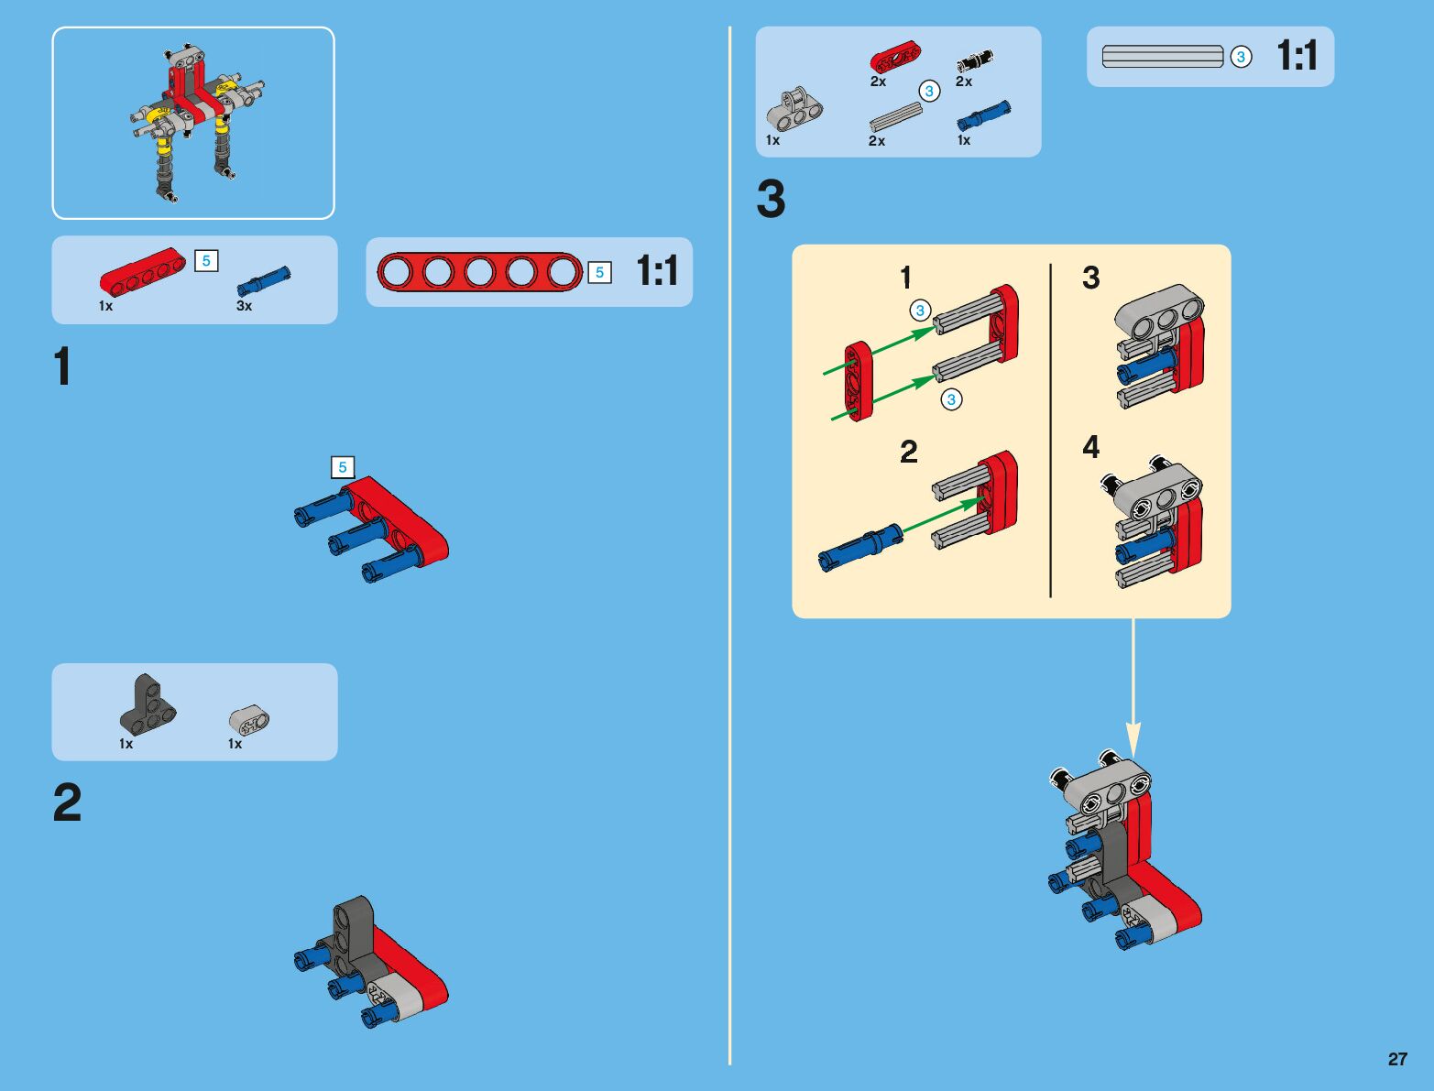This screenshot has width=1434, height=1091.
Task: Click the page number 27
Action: click(1397, 1058)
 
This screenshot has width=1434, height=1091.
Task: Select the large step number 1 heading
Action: click(62, 366)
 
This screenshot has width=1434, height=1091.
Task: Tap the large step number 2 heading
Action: click(67, 802)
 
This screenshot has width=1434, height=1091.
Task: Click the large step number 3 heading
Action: click(771, 199)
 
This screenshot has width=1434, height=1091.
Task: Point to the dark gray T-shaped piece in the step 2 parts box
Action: click(148, 704)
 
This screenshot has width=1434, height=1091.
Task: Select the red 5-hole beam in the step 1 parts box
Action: click(142, 269)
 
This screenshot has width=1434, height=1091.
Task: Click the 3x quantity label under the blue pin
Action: click(244, 306)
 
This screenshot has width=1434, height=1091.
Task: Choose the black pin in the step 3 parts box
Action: click(975, 60)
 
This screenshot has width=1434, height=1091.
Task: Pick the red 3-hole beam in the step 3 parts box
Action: click(896, 57)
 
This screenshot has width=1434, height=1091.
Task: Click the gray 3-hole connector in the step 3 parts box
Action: click(794, 109)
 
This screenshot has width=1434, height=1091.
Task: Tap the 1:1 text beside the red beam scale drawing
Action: click(657, 270)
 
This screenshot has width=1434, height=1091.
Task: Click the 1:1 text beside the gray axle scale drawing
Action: click(1297, 55)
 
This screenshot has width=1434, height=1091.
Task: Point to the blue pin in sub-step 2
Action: click(860, 548)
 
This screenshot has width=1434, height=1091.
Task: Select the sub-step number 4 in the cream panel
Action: click(1091, 447)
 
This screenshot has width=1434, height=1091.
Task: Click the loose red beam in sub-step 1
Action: click(859, 381)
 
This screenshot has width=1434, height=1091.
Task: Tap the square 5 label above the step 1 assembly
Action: click(343, 467)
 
